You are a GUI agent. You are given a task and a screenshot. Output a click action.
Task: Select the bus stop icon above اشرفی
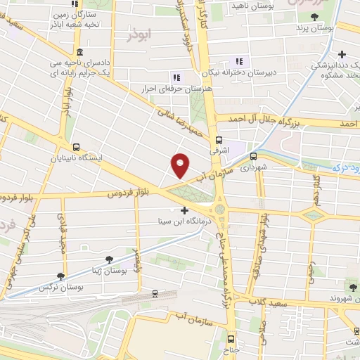(x=219, y=139)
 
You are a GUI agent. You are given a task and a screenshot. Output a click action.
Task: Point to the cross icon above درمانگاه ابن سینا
(x=185, y=210)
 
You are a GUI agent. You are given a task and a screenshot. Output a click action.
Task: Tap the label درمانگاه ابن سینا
(x=184, y=221)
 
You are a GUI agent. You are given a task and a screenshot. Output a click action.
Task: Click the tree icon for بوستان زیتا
(x=109, y=259)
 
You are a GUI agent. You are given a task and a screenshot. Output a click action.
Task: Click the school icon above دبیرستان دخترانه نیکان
(x=239, y=61)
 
